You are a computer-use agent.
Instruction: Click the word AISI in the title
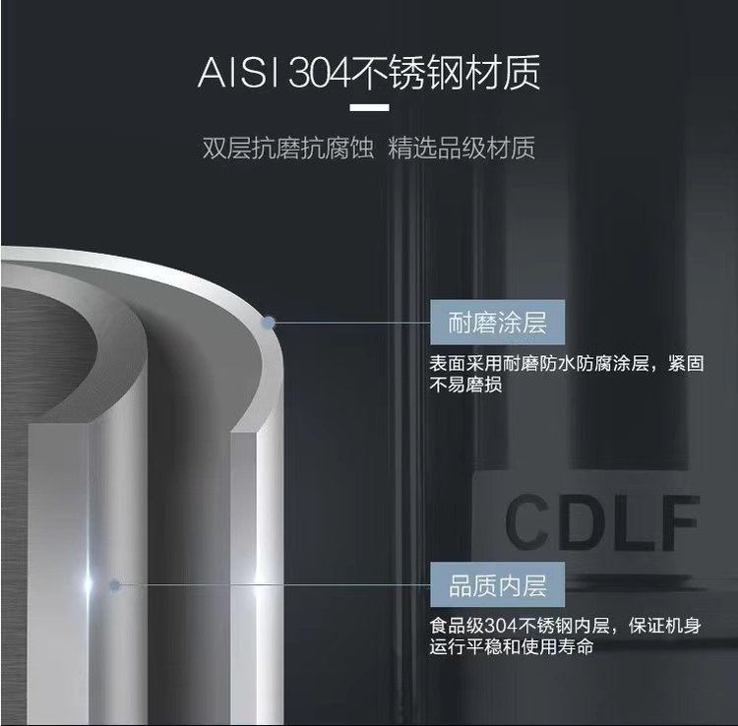click(239, 73)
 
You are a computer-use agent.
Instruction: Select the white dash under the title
click(369, 108)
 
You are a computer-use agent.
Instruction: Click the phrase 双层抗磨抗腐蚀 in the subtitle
click(288, 148)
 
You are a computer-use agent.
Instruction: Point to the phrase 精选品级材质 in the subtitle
click(461, 148)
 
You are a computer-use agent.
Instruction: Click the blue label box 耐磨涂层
click(497, 323)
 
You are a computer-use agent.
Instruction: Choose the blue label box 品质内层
click(497, 585)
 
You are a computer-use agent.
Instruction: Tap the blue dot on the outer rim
click(269, 323)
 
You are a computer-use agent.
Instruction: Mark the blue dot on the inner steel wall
click(115, 585)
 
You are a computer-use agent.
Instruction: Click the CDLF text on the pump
click(602, 522)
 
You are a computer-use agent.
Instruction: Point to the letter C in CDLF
click(527, 522)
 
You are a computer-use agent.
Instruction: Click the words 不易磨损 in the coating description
click(465, 385)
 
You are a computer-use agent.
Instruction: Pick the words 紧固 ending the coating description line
click(686, 364)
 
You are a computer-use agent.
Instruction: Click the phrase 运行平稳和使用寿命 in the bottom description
click(511, 647)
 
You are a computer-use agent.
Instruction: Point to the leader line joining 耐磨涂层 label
click(352, 323)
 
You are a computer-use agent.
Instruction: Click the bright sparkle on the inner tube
click(88, 583)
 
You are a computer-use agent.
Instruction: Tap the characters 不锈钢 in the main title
click(407, 73)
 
